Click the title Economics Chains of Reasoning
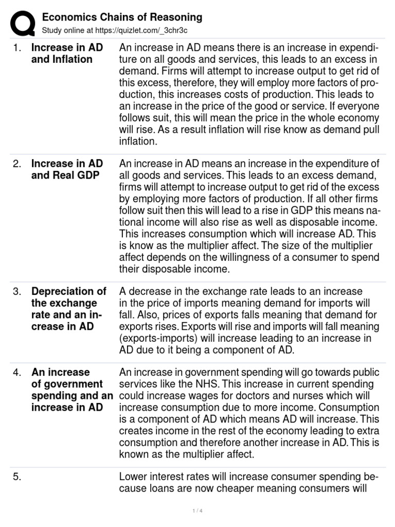(x=122, y=17)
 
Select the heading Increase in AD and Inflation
(x=67, y=54)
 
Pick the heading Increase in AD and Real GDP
(x=67, y=170)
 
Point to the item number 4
(x=17, y=373)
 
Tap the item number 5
(x=17, y=477)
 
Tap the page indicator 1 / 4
(x=197, y=511)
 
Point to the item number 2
(x=17, y=164)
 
